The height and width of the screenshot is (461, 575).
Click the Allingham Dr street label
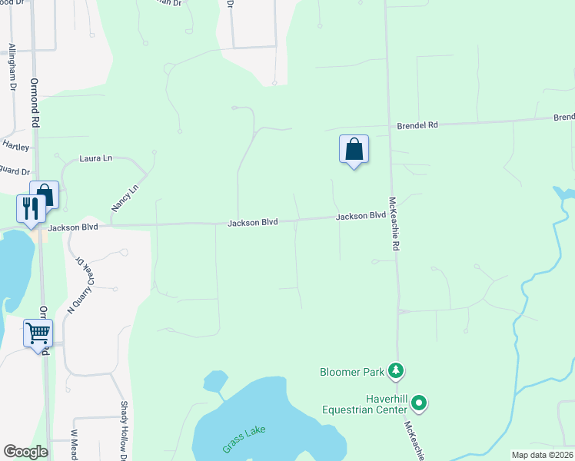[x=12, y=68]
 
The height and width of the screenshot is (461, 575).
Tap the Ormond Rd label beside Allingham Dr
[x=35, y=102]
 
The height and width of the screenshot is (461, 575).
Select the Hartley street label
[x=15, y=145]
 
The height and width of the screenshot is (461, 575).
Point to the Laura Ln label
[x=96, y=158]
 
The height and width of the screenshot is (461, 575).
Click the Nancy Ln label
[x=125, y=197]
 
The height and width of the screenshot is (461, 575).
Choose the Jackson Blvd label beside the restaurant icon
[x=73, y=227]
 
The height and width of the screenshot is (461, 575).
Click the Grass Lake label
[x=244, y=437]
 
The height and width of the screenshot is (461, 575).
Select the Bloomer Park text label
[x=351, y=372]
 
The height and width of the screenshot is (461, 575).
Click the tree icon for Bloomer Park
[x=396, y=371]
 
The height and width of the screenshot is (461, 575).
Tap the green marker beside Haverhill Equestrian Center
[x=419, y=402]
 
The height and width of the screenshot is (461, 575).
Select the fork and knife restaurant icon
[x=31, y=207]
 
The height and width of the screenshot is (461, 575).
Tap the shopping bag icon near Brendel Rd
[x=354, y=148]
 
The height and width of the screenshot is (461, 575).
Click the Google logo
[x=25, y=452]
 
